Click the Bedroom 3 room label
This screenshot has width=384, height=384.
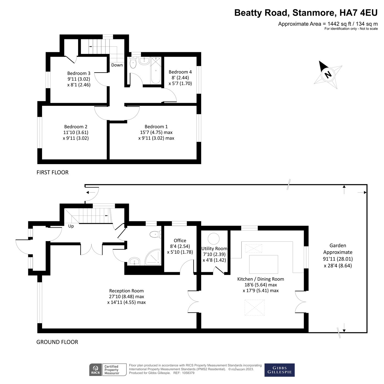coord(79,73)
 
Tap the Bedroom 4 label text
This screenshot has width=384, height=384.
coord(180,72)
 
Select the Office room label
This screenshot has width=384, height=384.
coord(180,241)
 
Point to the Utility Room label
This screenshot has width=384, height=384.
coord(214,248)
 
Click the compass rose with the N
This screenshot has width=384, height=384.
coord(328,74)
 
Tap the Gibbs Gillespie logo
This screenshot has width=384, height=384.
coord(279,370)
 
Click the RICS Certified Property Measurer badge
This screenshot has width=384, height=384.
coord(108,370)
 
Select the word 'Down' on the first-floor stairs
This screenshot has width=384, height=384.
coord(117,65)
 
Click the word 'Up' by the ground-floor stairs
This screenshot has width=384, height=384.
coord(71,226)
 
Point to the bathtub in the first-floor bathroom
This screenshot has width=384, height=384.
coord(156,70)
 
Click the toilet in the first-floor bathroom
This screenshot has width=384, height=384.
coord(133,63)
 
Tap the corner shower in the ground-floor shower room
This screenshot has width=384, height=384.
coord(153,258)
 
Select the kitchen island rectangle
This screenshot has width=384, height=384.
coord(263,264)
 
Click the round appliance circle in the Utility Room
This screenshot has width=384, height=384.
coord(213,239)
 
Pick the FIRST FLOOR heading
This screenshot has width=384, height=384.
coord(53,172)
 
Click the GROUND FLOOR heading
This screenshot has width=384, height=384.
coord(57,342)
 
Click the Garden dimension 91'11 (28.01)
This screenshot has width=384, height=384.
coord(338,259)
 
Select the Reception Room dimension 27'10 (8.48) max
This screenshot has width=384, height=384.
coord(126,297)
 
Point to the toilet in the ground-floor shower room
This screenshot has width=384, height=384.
coord(155,234)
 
